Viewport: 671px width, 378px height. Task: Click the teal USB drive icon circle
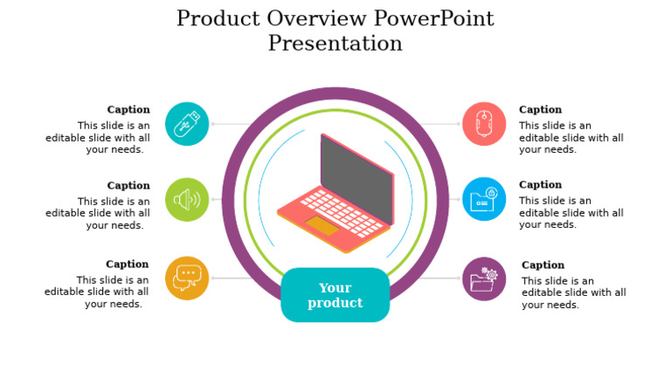coord(187,124)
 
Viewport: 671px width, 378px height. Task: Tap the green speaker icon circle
coord(187,200)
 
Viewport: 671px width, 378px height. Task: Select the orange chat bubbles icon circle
coord(187,278)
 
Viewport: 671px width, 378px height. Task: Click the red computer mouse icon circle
coord(484,124)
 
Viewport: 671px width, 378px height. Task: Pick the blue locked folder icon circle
coord(484,199)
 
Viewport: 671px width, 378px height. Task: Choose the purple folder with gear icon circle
coord(484,279)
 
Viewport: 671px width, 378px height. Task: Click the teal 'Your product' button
coord(335,295)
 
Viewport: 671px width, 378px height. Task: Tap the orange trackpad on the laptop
coord(322,226)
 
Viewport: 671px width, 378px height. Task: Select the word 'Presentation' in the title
coord(335,43)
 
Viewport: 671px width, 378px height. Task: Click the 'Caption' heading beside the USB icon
coord(128,110)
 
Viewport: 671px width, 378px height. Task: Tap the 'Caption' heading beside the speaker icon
coord(128,186)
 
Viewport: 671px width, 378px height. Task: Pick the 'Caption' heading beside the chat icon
coord(128,265)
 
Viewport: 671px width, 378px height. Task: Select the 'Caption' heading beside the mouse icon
coord(541,110)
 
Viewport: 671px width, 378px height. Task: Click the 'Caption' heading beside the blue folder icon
coord(541,185)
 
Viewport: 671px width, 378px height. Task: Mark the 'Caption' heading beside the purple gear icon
coord(543,265)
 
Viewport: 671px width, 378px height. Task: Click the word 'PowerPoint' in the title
coord(433,18)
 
